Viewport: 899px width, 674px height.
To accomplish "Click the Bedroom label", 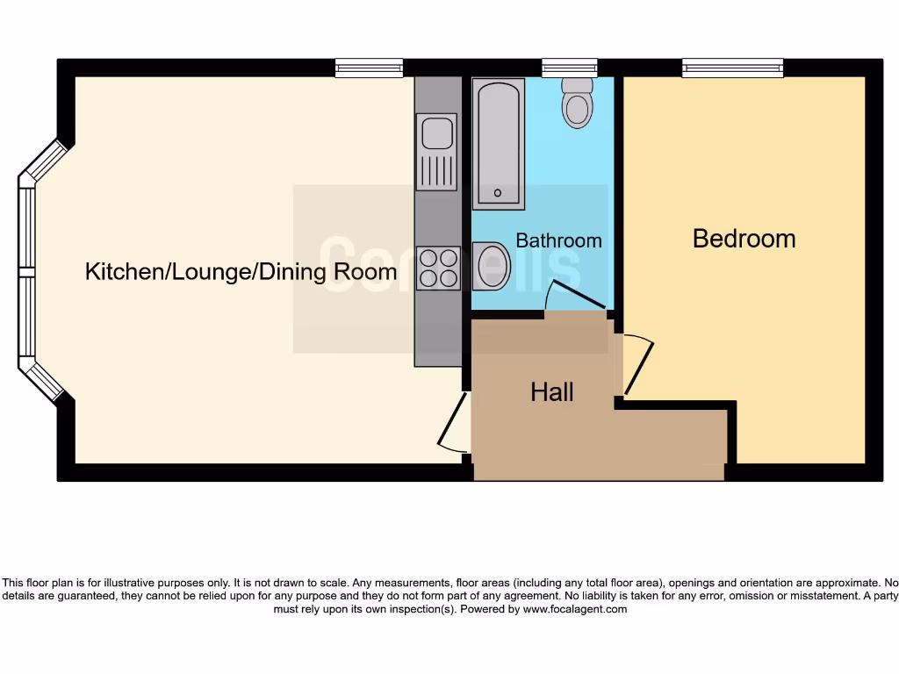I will point(744,239).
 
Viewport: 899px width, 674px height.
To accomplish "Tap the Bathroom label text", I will point(558,240).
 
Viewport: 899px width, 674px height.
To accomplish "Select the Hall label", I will point(552,392).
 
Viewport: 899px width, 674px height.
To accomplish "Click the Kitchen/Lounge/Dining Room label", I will point(241,272).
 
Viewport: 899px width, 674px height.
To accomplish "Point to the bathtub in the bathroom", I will point(499,143).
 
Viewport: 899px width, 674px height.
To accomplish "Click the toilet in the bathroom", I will point(577,103).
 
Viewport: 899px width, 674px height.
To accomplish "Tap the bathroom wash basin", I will point(493,267).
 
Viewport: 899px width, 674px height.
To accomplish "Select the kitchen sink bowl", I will point(436,133).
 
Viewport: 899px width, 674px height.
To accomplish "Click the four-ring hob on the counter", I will point(436,268).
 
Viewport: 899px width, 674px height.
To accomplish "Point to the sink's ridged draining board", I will point(436,170).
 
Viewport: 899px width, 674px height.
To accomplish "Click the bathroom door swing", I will point(575,296).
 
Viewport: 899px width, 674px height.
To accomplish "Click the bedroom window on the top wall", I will point(732,68).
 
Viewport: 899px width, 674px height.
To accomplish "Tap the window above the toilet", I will point(569,68).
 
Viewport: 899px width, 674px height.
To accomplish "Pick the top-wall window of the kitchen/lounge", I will point(369,68).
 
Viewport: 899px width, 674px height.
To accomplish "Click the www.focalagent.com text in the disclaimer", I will point(574,609).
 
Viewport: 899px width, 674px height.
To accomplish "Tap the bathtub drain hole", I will point(498,193).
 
